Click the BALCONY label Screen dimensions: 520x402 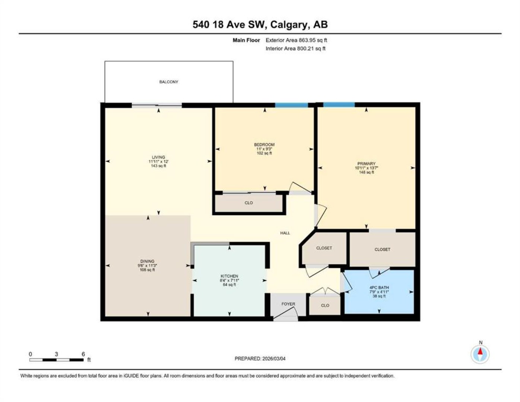(169, 82)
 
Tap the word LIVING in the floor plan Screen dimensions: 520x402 (158, 157)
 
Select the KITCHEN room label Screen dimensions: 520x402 (229, 276)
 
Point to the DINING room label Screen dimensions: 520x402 (148, 261)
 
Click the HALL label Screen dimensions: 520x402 (285, 233)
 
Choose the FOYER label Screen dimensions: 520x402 (288, 304)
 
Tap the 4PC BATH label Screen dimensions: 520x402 (379, 287)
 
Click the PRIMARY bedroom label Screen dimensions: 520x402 (367, 163)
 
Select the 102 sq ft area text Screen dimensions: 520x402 (264, 153)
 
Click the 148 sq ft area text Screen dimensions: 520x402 (367, 172)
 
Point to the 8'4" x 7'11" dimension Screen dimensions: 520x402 (229, 280)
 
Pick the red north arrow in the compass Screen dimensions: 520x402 (481, 351)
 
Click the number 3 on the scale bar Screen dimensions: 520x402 (57, 354)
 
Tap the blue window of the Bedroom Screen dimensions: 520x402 (291, 105)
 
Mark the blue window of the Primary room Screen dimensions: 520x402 (339, 105)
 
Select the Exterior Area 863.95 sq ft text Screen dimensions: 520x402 (296, 40)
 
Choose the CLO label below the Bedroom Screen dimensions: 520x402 (248, 203)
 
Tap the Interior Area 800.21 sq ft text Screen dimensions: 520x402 (295, 48)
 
